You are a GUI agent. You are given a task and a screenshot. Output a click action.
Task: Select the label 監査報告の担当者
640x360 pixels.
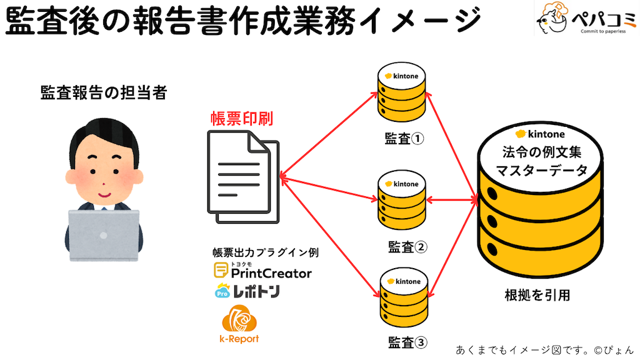click(104, 92)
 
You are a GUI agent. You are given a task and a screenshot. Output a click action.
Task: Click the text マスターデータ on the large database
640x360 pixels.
click(541, 170)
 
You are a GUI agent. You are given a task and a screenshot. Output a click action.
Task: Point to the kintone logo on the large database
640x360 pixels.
click(541, 134)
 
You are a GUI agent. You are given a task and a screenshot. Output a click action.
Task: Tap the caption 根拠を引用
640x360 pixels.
click(537, 296)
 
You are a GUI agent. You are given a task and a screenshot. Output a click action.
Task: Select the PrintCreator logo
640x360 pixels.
click(262, 272)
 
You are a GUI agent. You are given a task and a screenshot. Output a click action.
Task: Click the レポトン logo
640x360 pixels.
click(247, 291)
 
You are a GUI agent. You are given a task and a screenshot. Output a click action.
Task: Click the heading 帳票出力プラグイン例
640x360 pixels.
click(266, 253)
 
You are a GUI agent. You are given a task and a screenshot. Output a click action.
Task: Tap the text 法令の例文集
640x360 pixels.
click(541, 152)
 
